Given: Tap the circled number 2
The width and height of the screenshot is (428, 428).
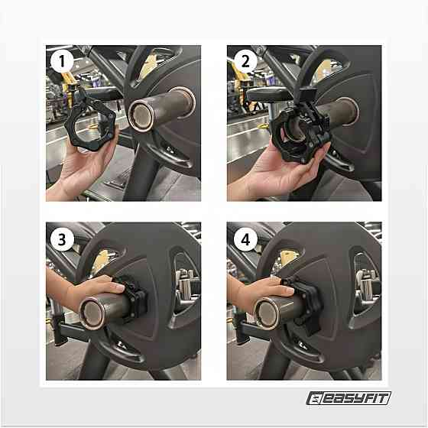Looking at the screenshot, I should click(x=245, y=61).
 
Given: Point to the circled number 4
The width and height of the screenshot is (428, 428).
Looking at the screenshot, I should click(x=245, y=238).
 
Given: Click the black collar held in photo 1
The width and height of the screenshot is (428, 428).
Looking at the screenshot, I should click(x=91, y=125).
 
